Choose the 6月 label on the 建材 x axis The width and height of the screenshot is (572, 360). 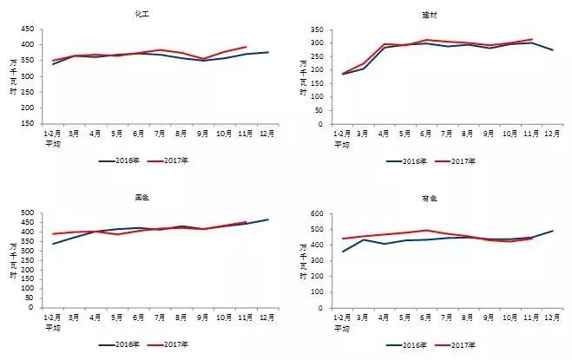tap(430, 135)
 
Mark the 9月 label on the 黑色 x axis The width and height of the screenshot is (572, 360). tap(203, 318)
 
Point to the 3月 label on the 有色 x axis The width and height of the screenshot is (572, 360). tap(371, 318)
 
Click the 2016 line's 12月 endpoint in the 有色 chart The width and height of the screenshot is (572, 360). tap(553, 230)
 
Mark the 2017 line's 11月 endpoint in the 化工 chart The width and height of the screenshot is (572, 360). tap(246, 47)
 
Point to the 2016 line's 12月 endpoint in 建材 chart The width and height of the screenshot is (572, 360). tap(553, 50)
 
